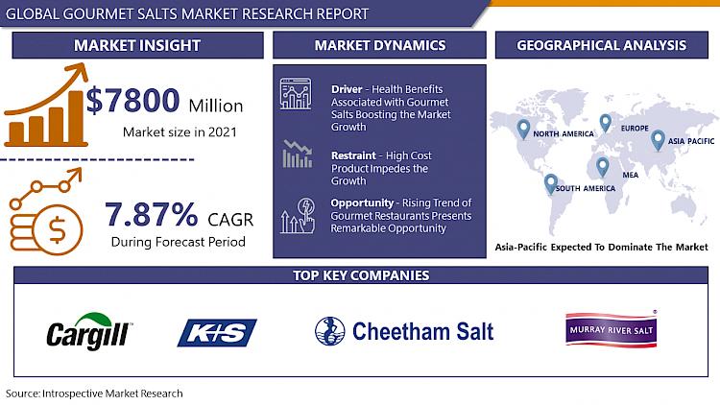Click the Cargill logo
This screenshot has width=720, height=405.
coord(89,331)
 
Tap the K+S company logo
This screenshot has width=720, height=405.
coord(217,332)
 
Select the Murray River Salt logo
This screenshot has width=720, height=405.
coord(612,329)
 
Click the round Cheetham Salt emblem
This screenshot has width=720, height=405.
coord(329,331)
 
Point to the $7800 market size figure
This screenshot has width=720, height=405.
coord(132,101)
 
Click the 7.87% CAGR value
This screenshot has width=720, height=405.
coord(152,214)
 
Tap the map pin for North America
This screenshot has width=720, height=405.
coord(523,130)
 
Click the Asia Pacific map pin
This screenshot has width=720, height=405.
coord(658,140)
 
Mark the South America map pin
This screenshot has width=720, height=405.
coord(551,184)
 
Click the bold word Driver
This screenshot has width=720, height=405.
coord(347,89)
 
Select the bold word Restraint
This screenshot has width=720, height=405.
coord(353,155)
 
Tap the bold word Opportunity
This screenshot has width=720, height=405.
coord(362,202)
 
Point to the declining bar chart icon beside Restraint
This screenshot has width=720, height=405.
coord(297,154)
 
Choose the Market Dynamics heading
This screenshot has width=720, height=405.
coord(380,45)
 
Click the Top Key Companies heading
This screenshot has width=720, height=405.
coord(361,275)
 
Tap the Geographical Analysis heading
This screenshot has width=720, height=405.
coord(602,45)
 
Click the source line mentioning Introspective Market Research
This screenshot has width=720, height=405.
coord(94,393)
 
